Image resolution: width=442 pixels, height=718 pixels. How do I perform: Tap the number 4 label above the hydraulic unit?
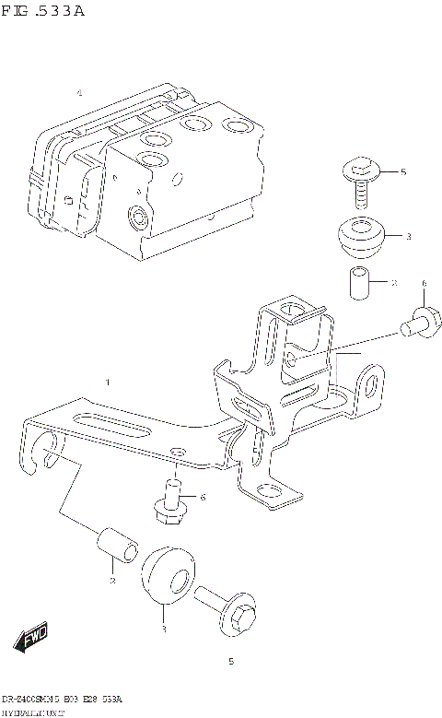(79, 93)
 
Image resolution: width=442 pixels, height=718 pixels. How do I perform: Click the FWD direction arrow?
(31, 638)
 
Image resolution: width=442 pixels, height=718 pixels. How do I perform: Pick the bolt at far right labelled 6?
(422, 324)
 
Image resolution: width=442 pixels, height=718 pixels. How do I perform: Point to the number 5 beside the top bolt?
(402, 172)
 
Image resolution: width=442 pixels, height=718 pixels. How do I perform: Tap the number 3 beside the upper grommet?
(408, 237)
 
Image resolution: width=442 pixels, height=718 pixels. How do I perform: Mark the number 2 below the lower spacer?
(111, 581)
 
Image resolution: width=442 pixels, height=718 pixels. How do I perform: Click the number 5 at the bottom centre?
(231, 662)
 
